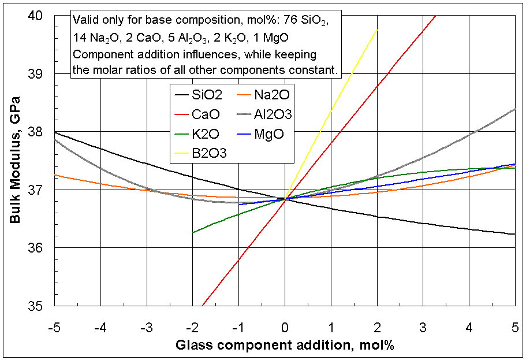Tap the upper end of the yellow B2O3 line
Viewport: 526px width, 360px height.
[377, 29]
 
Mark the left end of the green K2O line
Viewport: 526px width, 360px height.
[193, 232]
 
